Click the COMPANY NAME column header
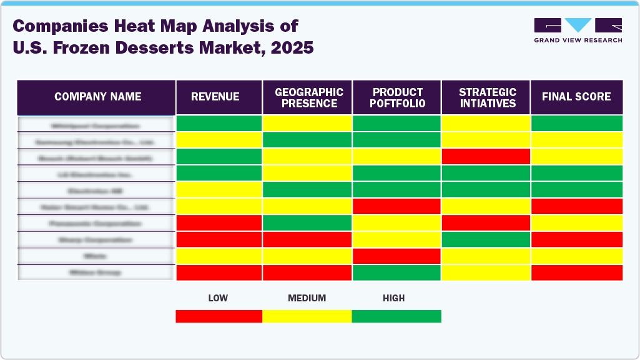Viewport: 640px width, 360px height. coord(97,97)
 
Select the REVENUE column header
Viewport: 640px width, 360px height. coord(215,97)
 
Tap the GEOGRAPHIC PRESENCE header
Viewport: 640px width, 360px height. coord(308,97)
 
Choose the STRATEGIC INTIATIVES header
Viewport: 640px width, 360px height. coord(487,97)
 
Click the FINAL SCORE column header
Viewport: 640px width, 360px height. coord(576,97)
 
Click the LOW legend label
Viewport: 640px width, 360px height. coord(217,298)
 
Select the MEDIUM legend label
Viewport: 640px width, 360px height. coord(307,298)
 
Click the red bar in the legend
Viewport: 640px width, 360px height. coord(219,316)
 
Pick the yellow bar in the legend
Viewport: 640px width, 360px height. coord(307,316)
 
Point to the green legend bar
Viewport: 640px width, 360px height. coord(396,316)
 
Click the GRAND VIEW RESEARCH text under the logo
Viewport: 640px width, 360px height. coord(578,40)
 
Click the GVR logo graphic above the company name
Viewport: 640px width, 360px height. coord(578,25)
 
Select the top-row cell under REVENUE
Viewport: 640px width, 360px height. coord(219,124)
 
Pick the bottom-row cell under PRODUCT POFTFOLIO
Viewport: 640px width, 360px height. coord(396,273)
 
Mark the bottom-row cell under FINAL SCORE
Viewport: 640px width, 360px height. coord(576,273)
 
